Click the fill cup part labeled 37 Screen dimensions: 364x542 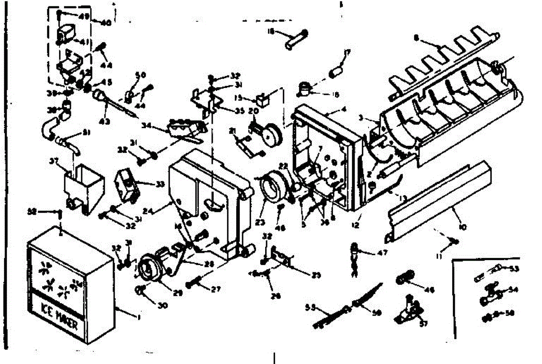point(84,185)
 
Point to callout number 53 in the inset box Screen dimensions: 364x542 point(514,270)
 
